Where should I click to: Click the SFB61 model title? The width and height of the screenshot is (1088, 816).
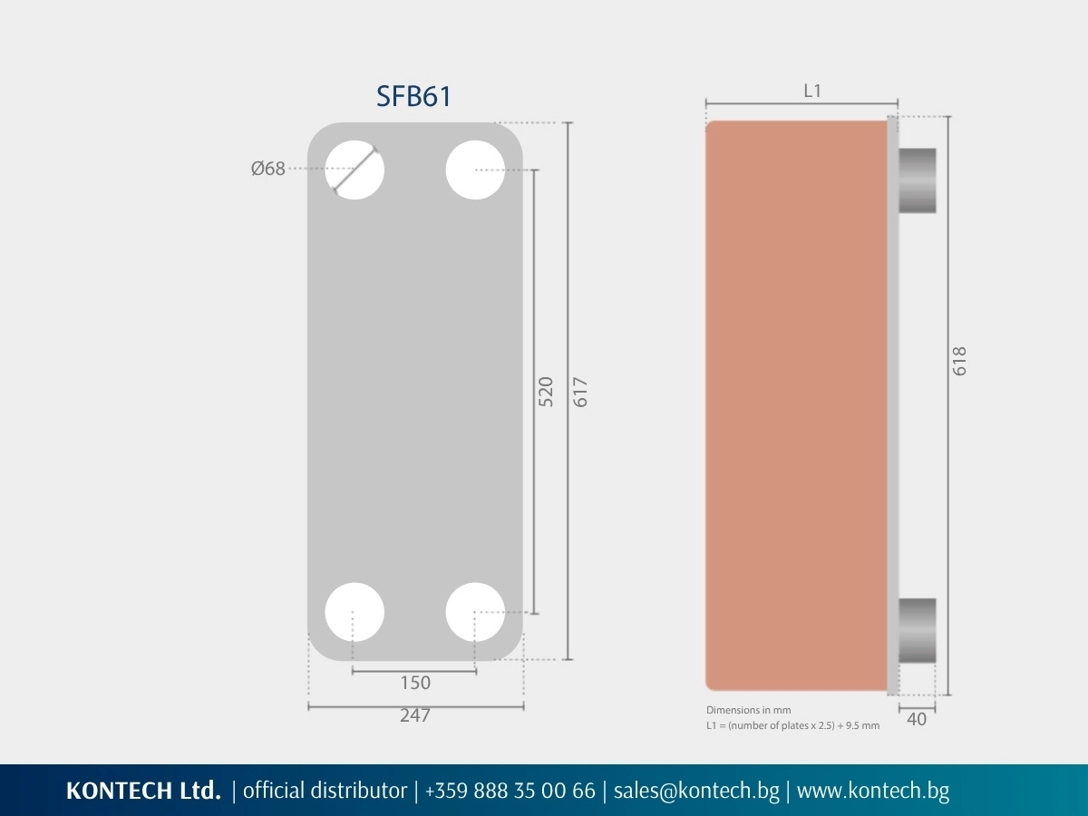tap(413, 96)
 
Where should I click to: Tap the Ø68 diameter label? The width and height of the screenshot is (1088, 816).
tap(268, 169)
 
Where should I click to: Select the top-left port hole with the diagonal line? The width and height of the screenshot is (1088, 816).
tap(355, 170)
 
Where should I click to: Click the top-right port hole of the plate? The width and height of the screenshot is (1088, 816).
tap(475, 170)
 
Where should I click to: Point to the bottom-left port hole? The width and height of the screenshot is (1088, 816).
tap(355, 612)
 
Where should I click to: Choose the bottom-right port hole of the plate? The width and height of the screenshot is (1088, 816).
tap(475, 612)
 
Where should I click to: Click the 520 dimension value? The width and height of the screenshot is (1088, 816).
tap(546, 392)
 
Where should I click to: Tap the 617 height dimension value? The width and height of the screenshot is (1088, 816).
tap(580, 392)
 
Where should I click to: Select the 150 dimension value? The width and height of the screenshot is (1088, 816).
tap(415, 683)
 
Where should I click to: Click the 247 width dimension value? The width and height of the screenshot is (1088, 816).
tap(415, 715)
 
